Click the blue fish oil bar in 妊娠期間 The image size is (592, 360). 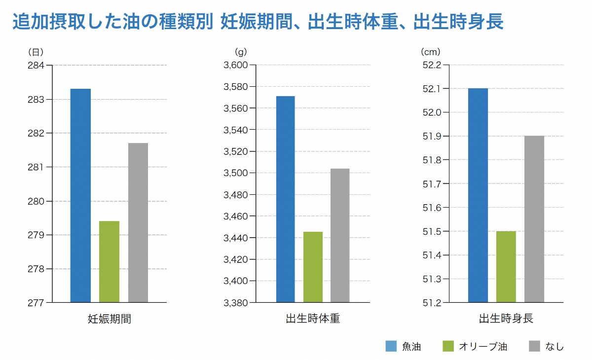pos(80,195)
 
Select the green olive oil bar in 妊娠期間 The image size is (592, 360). pos(109,261)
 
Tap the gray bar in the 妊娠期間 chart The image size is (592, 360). pos(138,222)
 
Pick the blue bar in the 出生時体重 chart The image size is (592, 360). pos(285,199)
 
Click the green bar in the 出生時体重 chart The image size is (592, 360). pos(313,267)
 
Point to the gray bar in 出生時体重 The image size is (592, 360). pos(340,235)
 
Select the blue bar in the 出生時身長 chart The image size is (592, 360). pos(478,195)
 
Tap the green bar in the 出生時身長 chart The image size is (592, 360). pos(506,266)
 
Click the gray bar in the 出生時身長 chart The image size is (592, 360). pos(534,218)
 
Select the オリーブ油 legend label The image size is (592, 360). pos(482,346)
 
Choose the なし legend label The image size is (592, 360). pos(555,346)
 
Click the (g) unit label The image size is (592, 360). pos(240,51)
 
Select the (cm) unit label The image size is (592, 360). pos(430,51)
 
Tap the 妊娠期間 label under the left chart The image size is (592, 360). pos(109,319)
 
